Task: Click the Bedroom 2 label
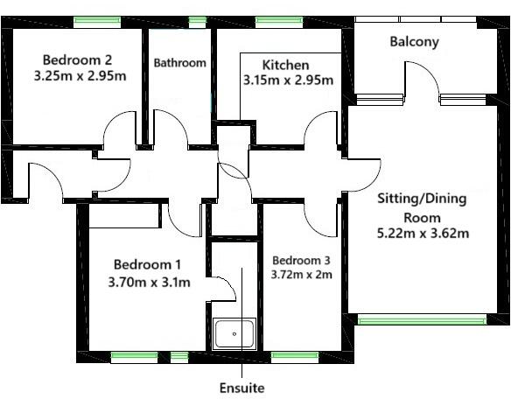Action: click(77, 59)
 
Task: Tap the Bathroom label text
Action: click(180, 63)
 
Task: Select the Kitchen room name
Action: click(285, 65)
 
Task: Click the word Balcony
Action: click(415, 41)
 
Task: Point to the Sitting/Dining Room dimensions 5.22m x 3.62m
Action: click(423, 234)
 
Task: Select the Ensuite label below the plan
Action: click(242, 386)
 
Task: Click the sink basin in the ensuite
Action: click(235, 334)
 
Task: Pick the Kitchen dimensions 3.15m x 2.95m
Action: click(288, 80)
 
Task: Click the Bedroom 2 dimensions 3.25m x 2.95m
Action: click(79, 76)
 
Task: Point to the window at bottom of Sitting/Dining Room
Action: click(421, 320)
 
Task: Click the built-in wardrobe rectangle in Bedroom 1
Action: click(122, 216)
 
